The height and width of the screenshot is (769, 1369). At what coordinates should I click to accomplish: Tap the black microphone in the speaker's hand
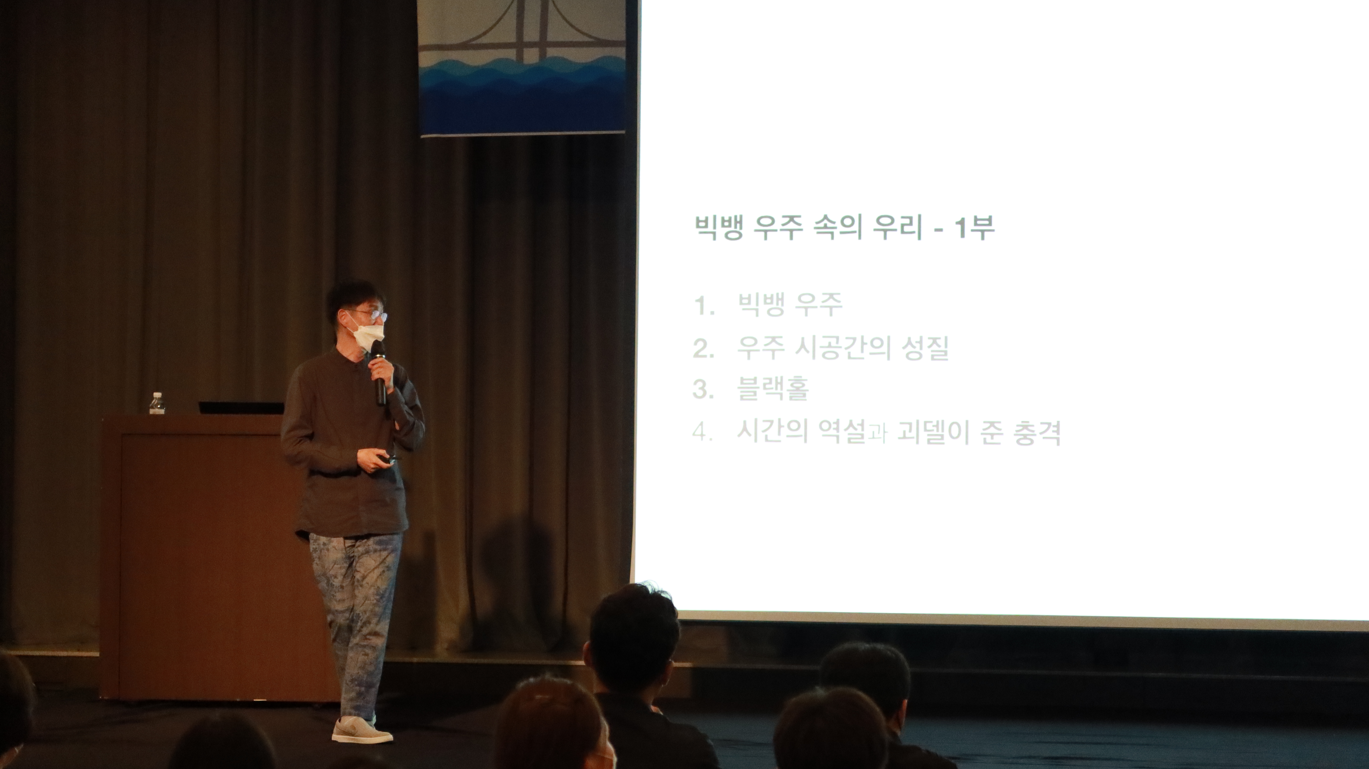point(380,372)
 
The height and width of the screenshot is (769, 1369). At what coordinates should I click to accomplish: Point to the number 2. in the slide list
point(704,349)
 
